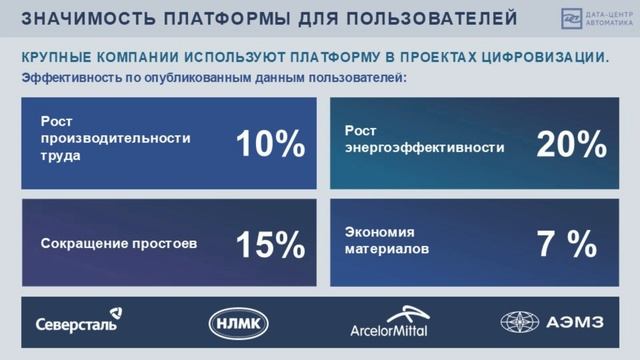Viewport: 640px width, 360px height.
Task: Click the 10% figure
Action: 270,144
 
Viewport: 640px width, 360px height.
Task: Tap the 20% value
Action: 571,144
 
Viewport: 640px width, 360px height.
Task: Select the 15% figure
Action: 270,243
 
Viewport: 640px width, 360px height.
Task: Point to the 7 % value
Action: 567,243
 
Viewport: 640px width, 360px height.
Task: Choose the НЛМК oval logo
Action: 237,322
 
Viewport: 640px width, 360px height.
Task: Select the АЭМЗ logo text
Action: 572,323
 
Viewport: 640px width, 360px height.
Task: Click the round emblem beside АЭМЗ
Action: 519,322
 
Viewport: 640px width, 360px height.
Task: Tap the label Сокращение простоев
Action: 119,243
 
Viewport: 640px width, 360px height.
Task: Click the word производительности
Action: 99,138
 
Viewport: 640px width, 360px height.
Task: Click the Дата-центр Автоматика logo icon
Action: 571,18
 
